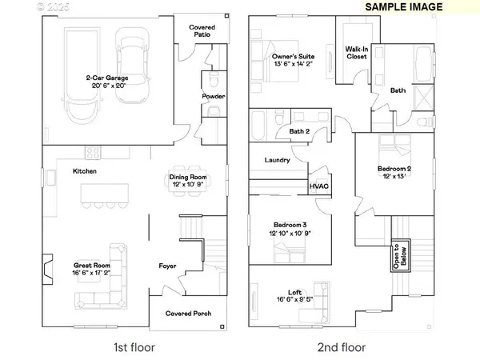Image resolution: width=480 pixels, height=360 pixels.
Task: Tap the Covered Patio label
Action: (202, 32)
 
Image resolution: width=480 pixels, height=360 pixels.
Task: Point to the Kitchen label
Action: (85, 171)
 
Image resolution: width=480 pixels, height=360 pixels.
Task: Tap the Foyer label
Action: (167, 266)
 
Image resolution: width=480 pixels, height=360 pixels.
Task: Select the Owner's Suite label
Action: (290, 57)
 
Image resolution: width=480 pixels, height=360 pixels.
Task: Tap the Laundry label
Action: (277, 160)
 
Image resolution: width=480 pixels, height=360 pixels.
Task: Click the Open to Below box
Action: (399, 257)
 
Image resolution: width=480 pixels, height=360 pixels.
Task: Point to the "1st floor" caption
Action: (134, 347)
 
